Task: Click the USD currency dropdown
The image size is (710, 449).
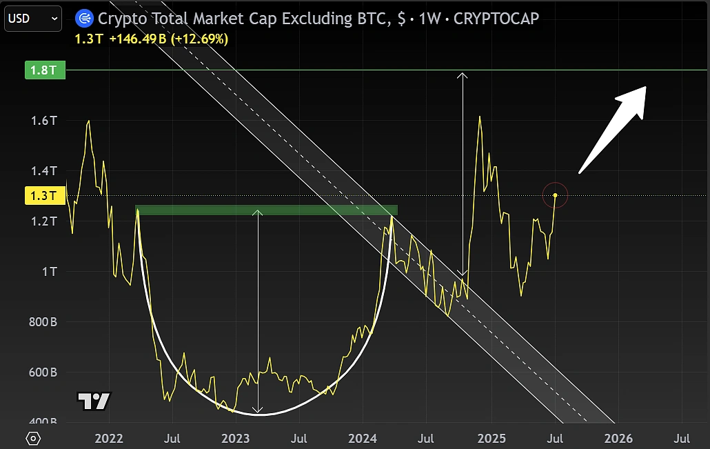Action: pyautogui.click(x=34, y=19)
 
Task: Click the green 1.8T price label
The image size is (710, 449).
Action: pyautogui.click(x=45, y=70)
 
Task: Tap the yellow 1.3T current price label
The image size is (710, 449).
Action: pyautogui.click(x=45, y=196)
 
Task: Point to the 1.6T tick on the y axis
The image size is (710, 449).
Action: pyautogui.click(x=43, y=121)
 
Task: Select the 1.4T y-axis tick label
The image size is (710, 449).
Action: pyautogui.click(x=43, y=171)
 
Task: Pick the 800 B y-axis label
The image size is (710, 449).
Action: pyautogui.click(x=43, y=322)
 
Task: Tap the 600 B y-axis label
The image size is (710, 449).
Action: pyautogui.click(x=43, y=372)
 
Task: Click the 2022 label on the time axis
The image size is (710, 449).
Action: pyautogui.click(x=108, y=438)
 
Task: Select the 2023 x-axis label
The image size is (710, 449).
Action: pyautogui.click(x=236, y=438)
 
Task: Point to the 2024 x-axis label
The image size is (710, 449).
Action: pyautogui.click(x=363, y=438)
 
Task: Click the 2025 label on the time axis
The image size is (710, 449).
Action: pyautogui.click(x=491, y=438)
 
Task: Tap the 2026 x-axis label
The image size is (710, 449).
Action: pyautogui.click(x=618, y=438)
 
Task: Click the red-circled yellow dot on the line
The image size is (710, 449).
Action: pyautogui.click(x=555, y=195)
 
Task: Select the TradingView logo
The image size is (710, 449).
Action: pyautogui.click(x=93, y=401)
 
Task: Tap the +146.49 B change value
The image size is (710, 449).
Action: pyautogui.click(x=137, y=39)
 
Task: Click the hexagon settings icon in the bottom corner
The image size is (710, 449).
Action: pyautogui.click(x=33, y=438)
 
